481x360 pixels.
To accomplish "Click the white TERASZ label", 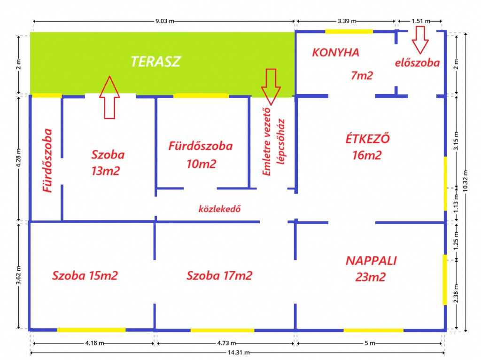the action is click(156, 62).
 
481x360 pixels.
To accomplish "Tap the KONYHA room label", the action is click(335, 53).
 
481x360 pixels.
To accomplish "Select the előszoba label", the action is click(417, 63).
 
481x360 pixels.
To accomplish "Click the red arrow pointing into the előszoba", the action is click(420, 39).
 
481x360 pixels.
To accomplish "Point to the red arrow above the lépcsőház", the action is click(271, 87).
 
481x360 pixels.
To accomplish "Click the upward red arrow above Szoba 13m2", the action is click(109, 97).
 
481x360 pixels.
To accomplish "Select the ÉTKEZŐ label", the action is click(367, 139).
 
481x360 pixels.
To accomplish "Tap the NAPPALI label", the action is click(371, 261).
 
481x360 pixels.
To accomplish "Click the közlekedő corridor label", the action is click(220, 209).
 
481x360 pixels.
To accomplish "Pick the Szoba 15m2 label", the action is click(85, 275).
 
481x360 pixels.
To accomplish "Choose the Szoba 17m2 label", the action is click(219, 275).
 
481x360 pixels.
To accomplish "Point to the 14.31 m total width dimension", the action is click(238, 352).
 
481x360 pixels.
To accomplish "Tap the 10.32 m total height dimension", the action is click(465, 181).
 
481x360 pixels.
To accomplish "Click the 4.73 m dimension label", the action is click(226, 343).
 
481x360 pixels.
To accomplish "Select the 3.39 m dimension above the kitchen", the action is click(347, 21).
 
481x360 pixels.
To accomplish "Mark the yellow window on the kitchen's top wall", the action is click(349, 31).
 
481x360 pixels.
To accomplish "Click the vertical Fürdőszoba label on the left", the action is click(47, 161).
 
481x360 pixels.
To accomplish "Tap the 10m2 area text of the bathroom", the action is click(201, 164).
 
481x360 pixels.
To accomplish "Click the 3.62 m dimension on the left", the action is click(18, 275).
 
